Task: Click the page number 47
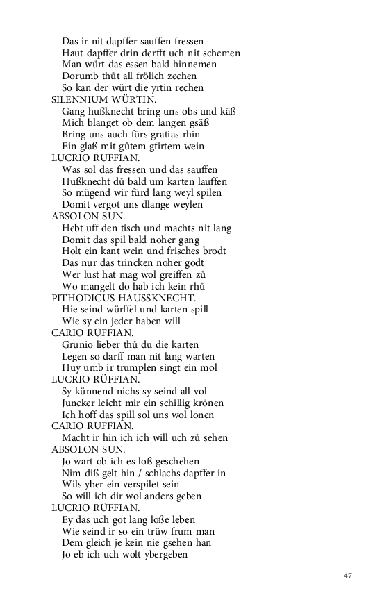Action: point(348,576)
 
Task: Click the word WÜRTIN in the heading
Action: point(135,99)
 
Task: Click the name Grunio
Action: point(78,344)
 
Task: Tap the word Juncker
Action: point(80,403)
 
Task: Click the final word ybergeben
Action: point(163,554)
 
